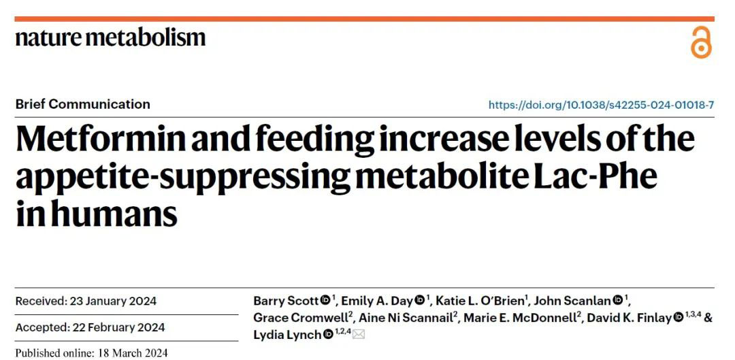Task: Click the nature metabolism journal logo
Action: point(110,37)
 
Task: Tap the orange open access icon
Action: point(700,44)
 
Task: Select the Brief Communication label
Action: point(82,104)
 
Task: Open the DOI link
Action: point(601,105)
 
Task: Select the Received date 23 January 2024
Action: point(86,301)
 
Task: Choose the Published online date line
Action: point(91,353)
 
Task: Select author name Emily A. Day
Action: point(377,300)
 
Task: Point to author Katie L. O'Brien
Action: point(480,300)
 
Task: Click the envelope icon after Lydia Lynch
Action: point(359,334)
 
